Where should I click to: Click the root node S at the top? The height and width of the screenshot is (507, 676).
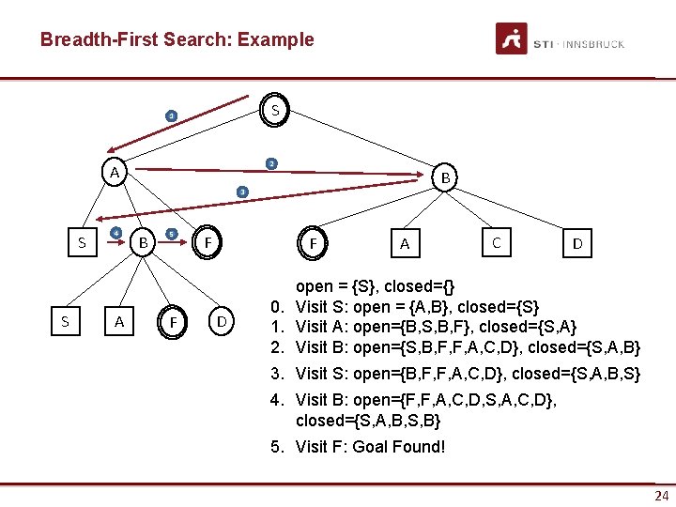(x=274, y=110)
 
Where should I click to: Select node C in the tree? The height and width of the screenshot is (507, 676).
(x=496, y=242)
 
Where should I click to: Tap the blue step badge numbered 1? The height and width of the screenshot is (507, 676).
(x=171, y=116)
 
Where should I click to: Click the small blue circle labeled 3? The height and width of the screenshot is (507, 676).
(x=241, y=192)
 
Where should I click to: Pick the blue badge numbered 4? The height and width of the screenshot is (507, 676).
(x=115, y=233)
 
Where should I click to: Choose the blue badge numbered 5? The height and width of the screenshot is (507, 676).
(x=171, y=234)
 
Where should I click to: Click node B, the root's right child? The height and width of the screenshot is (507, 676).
(x=446, y=177)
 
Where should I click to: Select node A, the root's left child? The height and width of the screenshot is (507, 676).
(x=114, y=173)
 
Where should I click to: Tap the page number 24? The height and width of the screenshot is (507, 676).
(x=661, y=496)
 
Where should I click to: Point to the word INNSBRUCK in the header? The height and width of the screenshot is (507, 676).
(x=594, y=44)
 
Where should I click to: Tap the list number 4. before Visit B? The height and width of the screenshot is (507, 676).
(x=277, y=401)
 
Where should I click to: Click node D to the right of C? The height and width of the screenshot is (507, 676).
(x=577, y=244)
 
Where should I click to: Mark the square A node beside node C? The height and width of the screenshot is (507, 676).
(x=405, y=244)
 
